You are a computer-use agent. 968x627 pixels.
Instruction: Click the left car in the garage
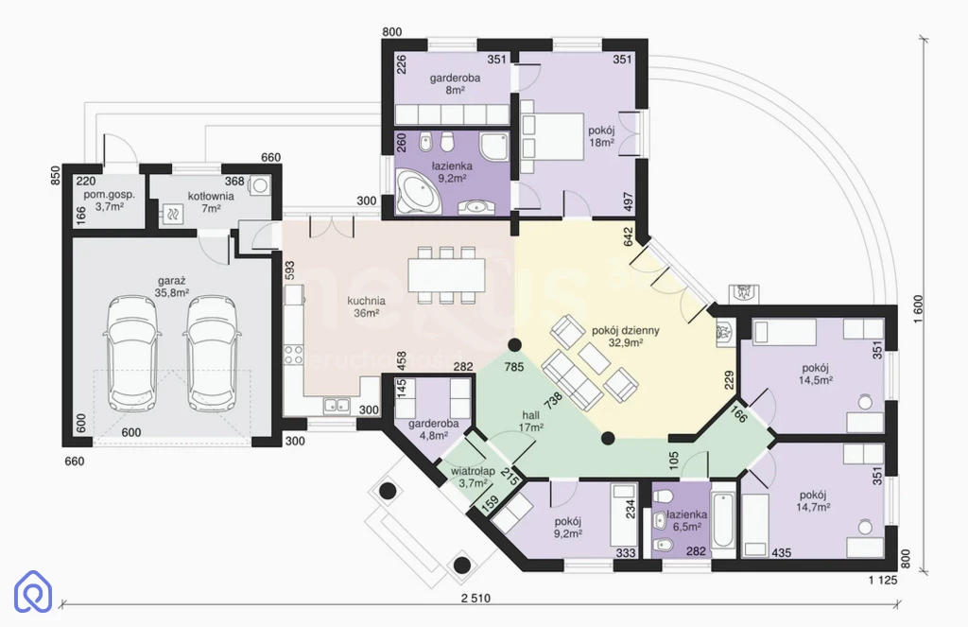132,354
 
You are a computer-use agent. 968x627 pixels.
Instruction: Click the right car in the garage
212,354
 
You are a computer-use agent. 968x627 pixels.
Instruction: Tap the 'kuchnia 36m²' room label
366,307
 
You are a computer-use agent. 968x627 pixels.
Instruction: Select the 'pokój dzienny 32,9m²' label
626,336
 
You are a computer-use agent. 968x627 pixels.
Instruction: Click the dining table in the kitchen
446,275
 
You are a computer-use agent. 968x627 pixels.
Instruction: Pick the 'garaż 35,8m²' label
172,287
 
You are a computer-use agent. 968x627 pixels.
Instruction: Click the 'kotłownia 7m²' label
211,202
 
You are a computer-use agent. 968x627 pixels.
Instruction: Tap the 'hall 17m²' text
531,421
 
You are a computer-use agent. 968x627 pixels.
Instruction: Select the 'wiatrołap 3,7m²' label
473,477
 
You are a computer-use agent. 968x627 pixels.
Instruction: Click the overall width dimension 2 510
475,598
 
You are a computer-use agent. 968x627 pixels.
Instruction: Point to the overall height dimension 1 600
918,309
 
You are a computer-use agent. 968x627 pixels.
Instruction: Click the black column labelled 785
513,344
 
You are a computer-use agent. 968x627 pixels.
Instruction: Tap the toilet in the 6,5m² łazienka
663,497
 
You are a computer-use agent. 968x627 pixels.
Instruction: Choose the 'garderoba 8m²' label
455,84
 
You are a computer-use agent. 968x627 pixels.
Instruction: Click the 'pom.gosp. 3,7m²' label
110,200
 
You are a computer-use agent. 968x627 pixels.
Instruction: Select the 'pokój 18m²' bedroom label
601,136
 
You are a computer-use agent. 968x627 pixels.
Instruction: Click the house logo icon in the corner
33,592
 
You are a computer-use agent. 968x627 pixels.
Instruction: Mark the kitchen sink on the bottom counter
337,406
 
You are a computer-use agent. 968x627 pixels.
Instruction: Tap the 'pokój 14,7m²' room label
812,501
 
